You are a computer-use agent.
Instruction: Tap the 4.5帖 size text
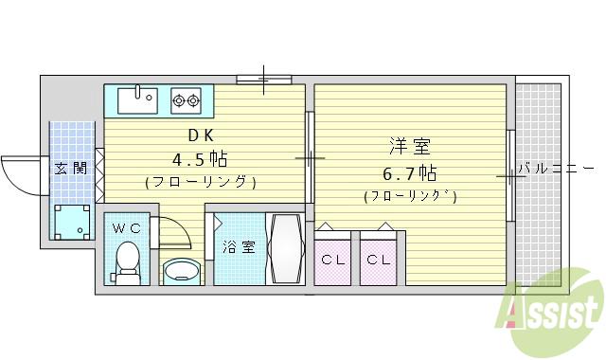point(199,157)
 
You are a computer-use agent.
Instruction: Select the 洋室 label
point(409,148)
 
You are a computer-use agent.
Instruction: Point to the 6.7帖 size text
point(409,173)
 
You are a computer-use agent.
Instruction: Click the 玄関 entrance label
point(71,169)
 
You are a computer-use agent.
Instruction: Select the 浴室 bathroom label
point(239,248)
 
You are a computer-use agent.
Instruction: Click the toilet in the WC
point(126,261)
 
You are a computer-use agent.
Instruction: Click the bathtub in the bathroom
point(285,248)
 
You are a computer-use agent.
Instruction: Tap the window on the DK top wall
point(263,80)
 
